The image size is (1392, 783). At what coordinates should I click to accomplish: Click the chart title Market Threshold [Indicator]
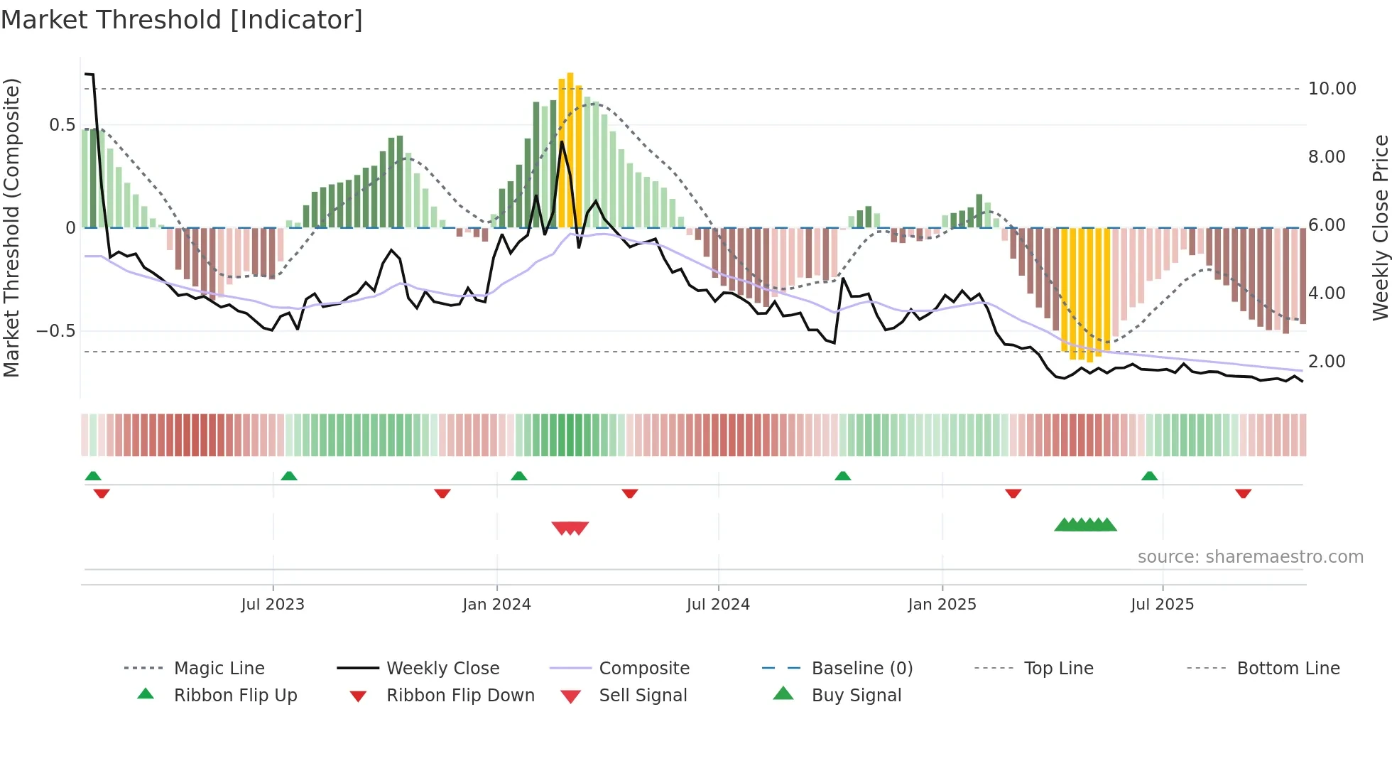click(x=182, y=20)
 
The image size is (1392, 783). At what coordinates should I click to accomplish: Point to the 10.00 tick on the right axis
click(x=1332, y=89)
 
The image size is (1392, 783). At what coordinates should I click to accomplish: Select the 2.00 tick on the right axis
click(x=1327, y=362)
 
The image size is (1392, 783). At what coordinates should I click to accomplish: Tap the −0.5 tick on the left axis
click(x=55, y=331)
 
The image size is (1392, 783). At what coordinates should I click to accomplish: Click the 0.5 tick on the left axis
click(x=62, y=125)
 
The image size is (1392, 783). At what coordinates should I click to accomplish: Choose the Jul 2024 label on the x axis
click(x=717, y=605)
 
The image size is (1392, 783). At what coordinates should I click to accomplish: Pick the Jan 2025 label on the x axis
click(x=942, y=605)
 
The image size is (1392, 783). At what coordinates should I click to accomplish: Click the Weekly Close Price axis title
click(x=1380, y=227)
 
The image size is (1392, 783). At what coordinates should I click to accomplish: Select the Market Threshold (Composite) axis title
click(x=11, y=227)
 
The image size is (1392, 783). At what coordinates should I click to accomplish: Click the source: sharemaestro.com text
click(x=1250, y=557)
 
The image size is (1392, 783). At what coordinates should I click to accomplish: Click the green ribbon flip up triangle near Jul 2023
click(x=289, y=476)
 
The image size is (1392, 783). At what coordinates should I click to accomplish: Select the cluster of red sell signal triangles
click(x=570, y=528)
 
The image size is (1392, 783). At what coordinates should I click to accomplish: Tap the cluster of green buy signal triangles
click(x=1085, y=525)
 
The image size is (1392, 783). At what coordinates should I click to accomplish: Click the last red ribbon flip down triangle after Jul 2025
click(x=1243, y=493)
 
